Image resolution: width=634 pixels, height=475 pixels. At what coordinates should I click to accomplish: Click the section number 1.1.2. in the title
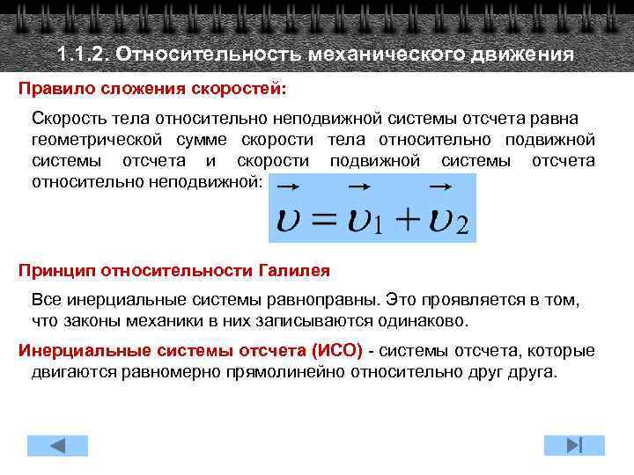[x=83, y=55]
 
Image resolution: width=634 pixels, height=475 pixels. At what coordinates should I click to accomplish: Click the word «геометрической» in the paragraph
[x=97, y=140]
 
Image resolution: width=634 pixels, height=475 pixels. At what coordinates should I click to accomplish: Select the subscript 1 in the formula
[x=377, y=228]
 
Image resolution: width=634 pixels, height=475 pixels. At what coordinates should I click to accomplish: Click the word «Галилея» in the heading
[x=294, y=268]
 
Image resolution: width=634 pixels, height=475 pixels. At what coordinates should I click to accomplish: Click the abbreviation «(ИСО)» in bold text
[x=336, y=350]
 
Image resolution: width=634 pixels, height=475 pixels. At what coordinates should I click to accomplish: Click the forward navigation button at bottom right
[x=569, y=443]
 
